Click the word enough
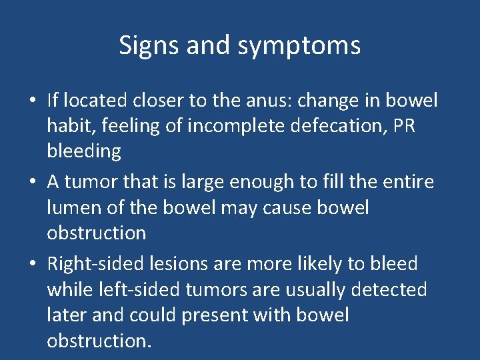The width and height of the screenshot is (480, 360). [258, 182]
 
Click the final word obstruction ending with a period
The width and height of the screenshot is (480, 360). [99, 341]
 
